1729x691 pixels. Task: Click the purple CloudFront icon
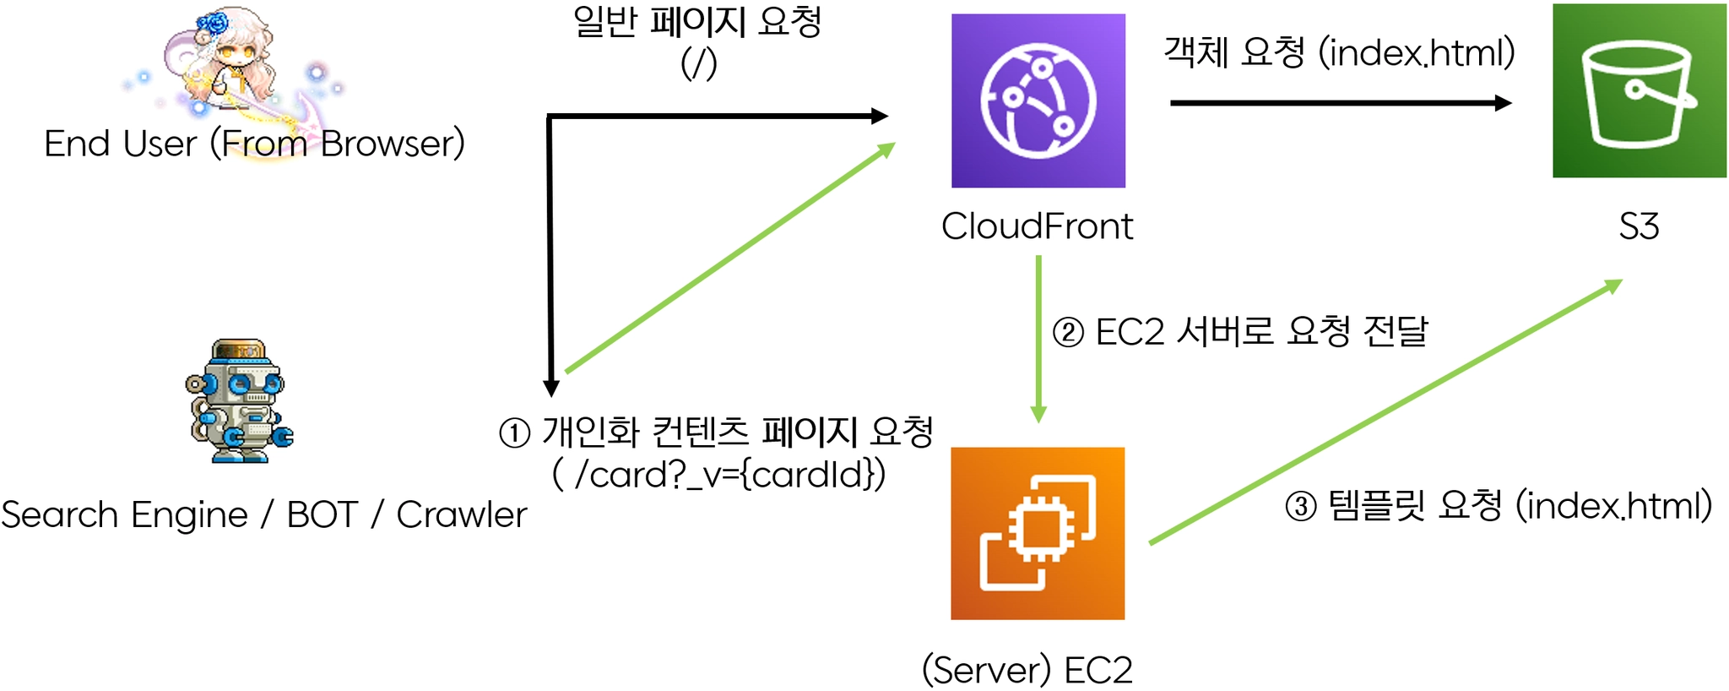tap(1038, 101)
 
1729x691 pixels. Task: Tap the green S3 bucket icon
tap(1639, 91)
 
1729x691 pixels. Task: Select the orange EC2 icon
tap(1038, 533)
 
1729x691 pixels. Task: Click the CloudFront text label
tap(1037, 226)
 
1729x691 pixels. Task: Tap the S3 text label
tap(1639, 226)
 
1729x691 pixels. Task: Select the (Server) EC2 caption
tap(1027, 670)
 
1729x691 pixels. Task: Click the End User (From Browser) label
tap(254, 144)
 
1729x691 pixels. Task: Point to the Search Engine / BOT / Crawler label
tap(263, 514)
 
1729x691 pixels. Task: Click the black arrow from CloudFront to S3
tap(1340, 103)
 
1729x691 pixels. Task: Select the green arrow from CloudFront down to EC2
tap(1038, 338)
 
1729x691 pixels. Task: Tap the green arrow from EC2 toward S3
tap(1385, 411)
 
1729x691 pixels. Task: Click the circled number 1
tap(515, 433)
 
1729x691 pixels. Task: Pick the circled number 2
tap(1068, 332)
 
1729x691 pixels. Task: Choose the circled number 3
tap(1300, 507)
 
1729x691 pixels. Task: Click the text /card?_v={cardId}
tap(729, 475)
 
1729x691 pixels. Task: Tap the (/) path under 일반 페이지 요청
tap(699, 64)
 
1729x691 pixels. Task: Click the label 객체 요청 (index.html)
tap(1339, 52)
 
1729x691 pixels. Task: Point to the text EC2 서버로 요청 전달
tap(1261, 331)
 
